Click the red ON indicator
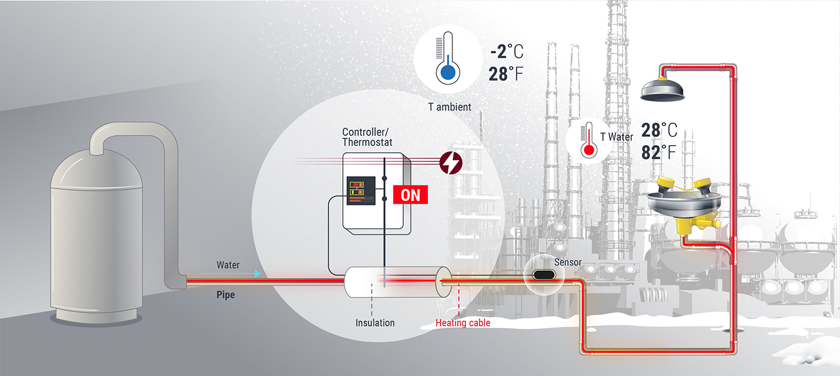pos(410,194)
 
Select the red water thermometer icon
pos(589,142)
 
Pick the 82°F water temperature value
pos(659,152)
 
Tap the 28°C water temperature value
pos(659,130)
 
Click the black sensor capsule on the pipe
pos(545,275)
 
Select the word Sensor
pos(568,262)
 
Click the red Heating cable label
pos(463,323)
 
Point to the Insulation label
pos(375,323)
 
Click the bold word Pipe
pos(226,296)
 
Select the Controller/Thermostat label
pos(367,137)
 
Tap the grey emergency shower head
pos(663,90)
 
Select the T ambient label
pos(449,107)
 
